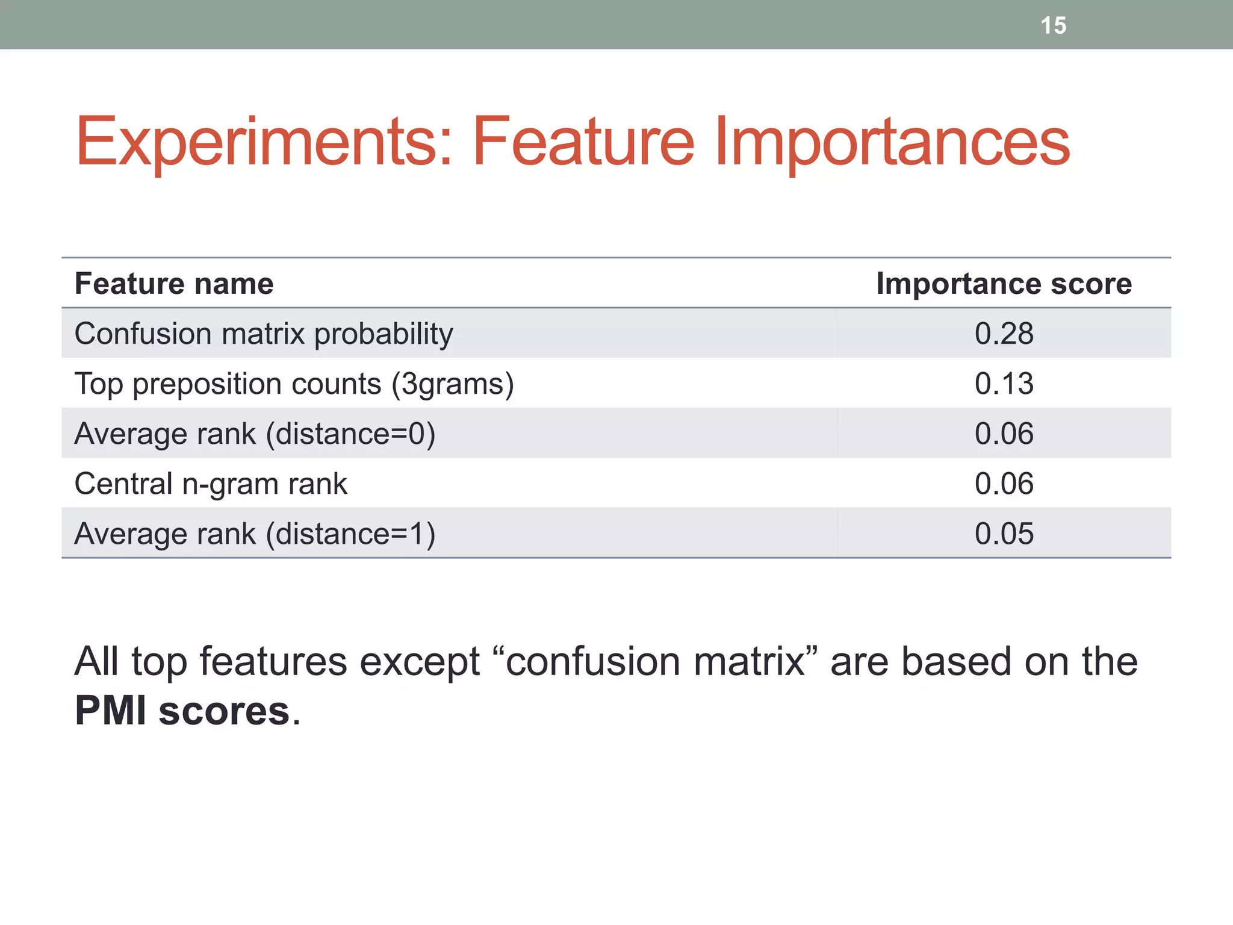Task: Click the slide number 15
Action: coord(1053,25)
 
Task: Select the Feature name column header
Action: coord(174,283)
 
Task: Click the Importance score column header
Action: coord(1004,283)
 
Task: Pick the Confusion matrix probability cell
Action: coord(264,334)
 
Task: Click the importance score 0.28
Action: coord(1004,334)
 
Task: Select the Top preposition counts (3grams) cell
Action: coord(294,384)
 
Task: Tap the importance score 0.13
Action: coord(1004,384)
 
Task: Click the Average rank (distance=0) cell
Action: coord(255,434)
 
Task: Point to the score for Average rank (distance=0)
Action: coord(1004,434)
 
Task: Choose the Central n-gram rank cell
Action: coord(211,484)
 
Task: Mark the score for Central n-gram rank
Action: coord(1004,484)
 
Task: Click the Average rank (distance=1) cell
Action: coord(255,534)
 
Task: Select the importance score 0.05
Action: coord(1004,534)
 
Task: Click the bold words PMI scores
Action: coord(182,711)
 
